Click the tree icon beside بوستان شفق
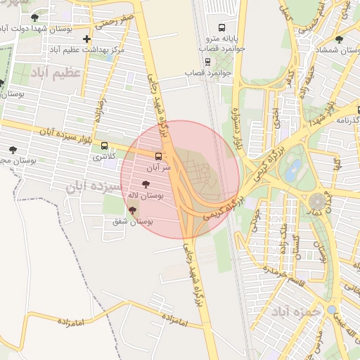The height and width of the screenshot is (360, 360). click(132, 210)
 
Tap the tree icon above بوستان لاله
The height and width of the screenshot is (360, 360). click(146, 184)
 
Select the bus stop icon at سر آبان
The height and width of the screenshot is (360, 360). click(157, 156)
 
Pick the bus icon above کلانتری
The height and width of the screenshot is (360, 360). click(105, 146)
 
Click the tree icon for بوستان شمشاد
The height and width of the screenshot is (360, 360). click(340, 39)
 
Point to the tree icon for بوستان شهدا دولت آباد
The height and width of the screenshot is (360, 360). click(34, 17)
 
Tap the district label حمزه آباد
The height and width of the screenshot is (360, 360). click(290, 310)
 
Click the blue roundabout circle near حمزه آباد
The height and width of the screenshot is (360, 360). click(331, 309)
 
